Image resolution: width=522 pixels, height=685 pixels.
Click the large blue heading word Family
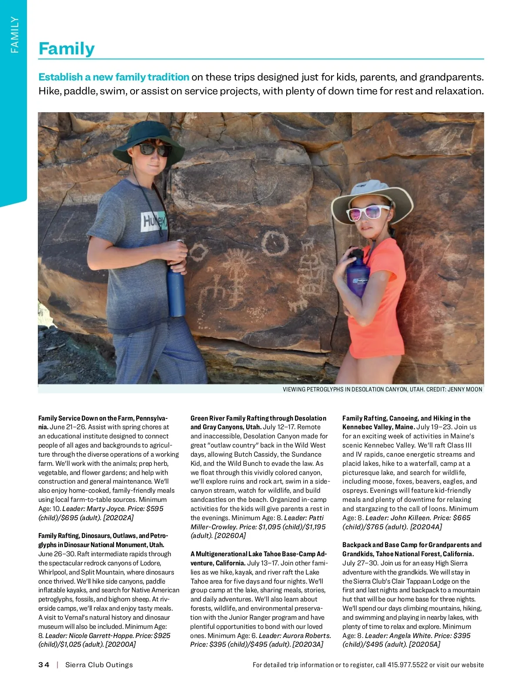67,48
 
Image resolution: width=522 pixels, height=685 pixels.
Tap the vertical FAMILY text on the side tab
15,35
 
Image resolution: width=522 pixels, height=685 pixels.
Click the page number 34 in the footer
44,665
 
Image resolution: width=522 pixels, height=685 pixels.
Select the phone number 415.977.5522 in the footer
408,665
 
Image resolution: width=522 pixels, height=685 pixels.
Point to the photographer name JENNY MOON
465,389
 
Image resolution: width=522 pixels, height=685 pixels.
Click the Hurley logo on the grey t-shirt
154,222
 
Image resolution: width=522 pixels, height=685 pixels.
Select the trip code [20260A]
230,536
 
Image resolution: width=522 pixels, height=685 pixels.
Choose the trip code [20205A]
424,645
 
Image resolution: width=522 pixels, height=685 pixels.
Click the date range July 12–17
280,427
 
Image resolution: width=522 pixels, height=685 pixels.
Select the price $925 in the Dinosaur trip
162,635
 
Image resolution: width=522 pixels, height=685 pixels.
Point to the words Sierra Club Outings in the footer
99,665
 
